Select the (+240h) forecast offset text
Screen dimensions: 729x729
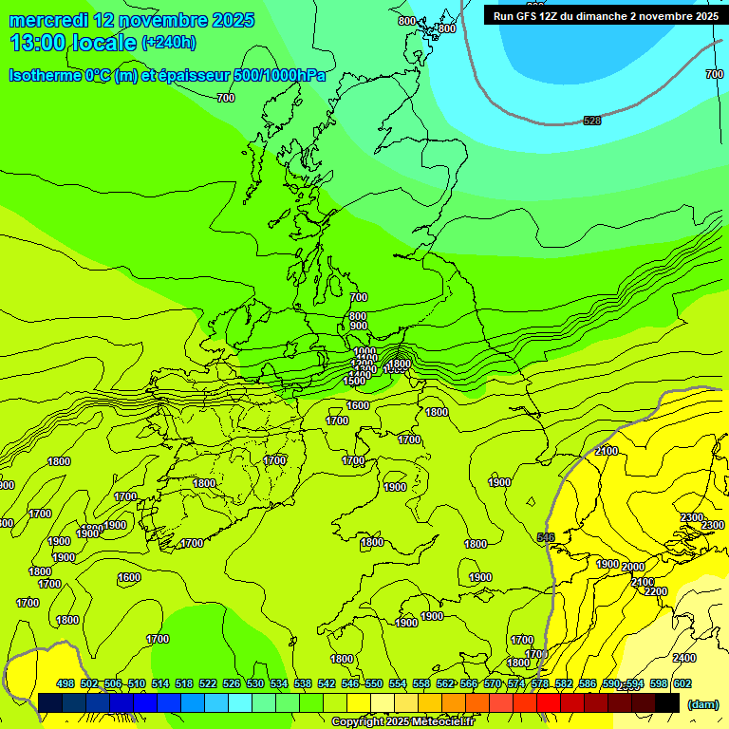(169, 43)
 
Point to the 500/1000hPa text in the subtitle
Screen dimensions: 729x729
(275, 75)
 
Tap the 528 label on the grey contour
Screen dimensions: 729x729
(592, 121)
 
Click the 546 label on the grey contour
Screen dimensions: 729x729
(546, 538)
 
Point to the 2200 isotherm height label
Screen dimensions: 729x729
(655, 591)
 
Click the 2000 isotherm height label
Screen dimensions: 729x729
(632, 567)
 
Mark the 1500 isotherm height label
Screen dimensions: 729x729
(354, 381)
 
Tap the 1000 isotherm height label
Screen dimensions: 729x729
(364, 351)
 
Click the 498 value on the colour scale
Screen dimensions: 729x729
(65, 683)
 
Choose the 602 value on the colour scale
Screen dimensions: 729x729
(682, 683)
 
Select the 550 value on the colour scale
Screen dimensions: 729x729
(373, 683)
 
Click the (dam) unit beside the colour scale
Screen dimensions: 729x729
(702, 703)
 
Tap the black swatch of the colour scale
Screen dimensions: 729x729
(667, 702)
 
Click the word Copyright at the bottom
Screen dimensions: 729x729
(359, 722)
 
